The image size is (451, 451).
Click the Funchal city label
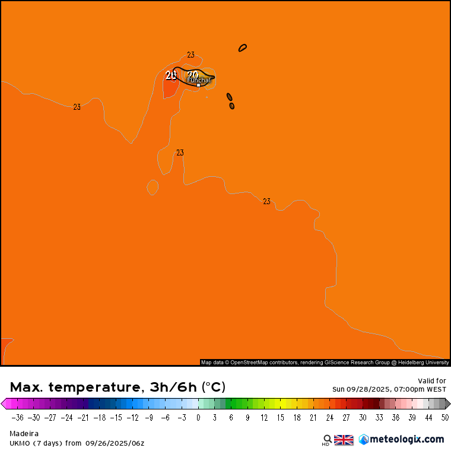(x=199, y=80)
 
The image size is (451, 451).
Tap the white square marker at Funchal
(x=198, y=85)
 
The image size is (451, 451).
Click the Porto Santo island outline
(x=243, y=47)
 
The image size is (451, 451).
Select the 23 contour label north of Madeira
(x=190, y=55)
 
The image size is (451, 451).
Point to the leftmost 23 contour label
(x=77, y=107)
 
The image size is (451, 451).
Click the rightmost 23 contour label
(x=266, y=201)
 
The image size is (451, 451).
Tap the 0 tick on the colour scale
(x=198, y=418)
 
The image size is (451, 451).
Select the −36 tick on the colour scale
(x=18, y=418)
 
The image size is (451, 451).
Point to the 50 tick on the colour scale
(x=444, y=418)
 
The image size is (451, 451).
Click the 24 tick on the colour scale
(x=329, y=418)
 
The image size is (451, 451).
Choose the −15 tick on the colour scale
(x=116, y=418)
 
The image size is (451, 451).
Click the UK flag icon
(x=344, y=440)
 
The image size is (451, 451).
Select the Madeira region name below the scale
(x=24, y=434)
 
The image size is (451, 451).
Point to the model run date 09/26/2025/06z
(x=115, y=443)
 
